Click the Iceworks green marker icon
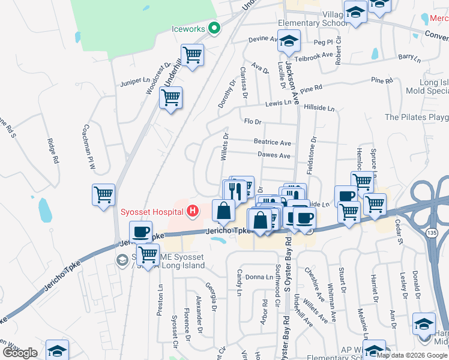point(214,28)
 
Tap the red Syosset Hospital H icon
point(192,211)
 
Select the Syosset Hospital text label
point(152,211)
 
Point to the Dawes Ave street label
point(274,156)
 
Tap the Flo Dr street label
point(253,122)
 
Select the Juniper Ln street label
point(134,80)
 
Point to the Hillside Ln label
point(319,107)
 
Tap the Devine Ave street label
point(263,40)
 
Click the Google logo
point(20,353)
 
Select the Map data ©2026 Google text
point(412,355)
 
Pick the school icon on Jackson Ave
point(289,41)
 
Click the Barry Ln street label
point(408,57)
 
